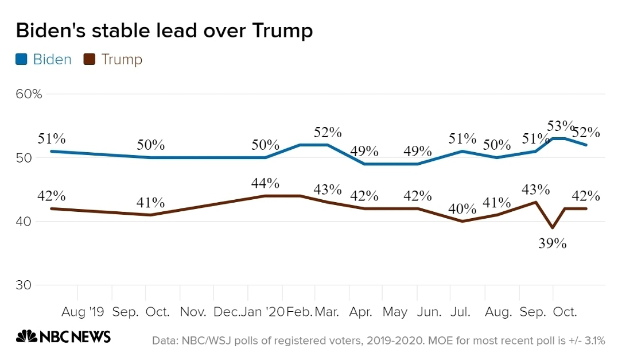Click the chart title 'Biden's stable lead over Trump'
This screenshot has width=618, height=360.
pos(164,30)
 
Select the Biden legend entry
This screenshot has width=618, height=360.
pos(44,59)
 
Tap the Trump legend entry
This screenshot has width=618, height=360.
pos(114,59)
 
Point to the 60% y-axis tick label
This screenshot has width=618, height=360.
pos(28,94)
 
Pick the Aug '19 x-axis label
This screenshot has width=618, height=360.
pos(83,312)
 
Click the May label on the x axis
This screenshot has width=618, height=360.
pos(395,312)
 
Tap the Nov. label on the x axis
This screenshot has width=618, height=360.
pos(193,312)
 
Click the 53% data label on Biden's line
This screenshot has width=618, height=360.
pos(561,126)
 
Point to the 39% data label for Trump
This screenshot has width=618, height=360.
pos(553,243)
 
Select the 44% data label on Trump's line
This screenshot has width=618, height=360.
pos(265,183)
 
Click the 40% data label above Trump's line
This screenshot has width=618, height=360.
pos(462,208)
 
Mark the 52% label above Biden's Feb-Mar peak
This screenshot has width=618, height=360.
pos(328,132)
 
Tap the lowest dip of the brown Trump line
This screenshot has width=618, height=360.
pos(553,228)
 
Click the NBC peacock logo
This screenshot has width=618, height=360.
pos(26,336)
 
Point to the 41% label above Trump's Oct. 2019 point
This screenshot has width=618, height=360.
pos(150,203)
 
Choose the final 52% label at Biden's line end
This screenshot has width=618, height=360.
pos(586,132)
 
